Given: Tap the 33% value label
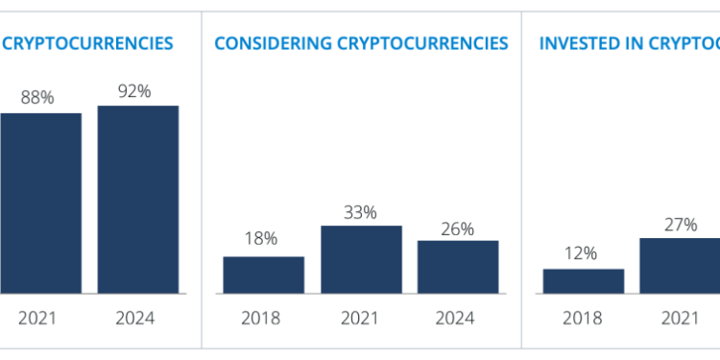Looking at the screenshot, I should tap(361, 210).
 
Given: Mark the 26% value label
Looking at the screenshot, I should tap(458, 228).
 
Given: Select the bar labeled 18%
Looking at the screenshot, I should tap(264, 275).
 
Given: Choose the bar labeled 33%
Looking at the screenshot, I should tap(361, 259).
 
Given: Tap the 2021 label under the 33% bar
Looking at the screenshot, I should tap(361, 318).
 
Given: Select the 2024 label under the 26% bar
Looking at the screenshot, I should tap(458, 318).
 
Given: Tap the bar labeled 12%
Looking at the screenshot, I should tap(584, 280).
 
